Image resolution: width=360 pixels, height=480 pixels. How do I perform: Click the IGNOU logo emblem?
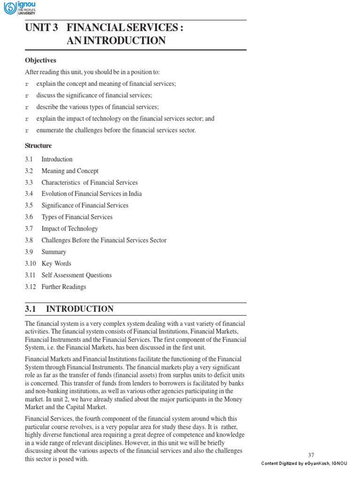pos(9,8)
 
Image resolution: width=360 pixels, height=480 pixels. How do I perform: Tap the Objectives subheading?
pos(40,60)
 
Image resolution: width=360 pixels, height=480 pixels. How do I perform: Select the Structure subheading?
pos(38,146)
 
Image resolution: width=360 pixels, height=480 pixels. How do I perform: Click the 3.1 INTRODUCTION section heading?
pos(69,309)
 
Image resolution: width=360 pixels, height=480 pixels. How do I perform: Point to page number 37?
pos(311,455)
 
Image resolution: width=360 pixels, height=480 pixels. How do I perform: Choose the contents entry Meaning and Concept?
pos(70,171)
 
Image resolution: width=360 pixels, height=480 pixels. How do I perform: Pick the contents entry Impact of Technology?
pos(69,229)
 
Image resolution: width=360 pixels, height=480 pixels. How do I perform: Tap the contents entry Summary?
pos(53,252)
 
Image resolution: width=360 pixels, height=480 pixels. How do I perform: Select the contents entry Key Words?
pos(56,263)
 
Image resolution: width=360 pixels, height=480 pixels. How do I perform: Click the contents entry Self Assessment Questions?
pos(76,275)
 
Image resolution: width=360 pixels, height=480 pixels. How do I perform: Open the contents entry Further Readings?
pos(64,286)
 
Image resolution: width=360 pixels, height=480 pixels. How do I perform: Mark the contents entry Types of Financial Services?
pos(77,217)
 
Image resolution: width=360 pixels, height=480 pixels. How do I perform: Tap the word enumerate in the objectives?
pos(50,130)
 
